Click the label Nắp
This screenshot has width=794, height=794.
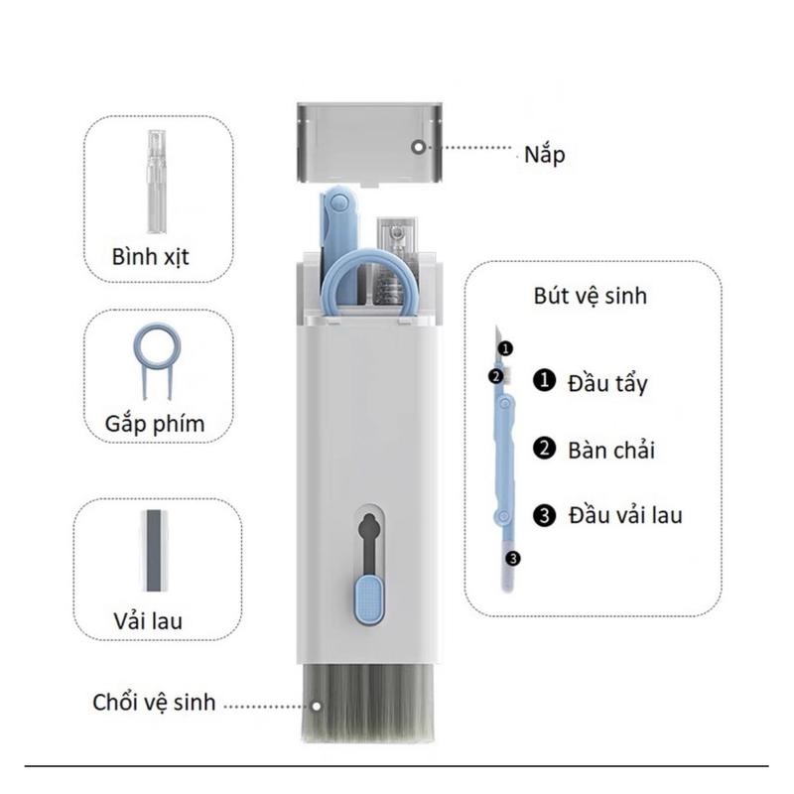[545, 155]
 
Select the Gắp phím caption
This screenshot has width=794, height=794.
[155, 425]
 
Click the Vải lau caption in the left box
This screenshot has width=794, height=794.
[148, 622]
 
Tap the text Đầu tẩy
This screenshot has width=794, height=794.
[606, 382]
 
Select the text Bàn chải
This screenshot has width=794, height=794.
[611, 449]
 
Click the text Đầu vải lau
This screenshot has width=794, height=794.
[625, 515]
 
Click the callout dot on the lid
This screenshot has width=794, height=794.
[418, 146]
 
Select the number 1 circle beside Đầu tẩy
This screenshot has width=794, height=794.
[543, 381]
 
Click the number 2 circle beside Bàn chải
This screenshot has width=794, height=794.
[543, 449]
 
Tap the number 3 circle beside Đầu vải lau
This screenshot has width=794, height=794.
[543, 515]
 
